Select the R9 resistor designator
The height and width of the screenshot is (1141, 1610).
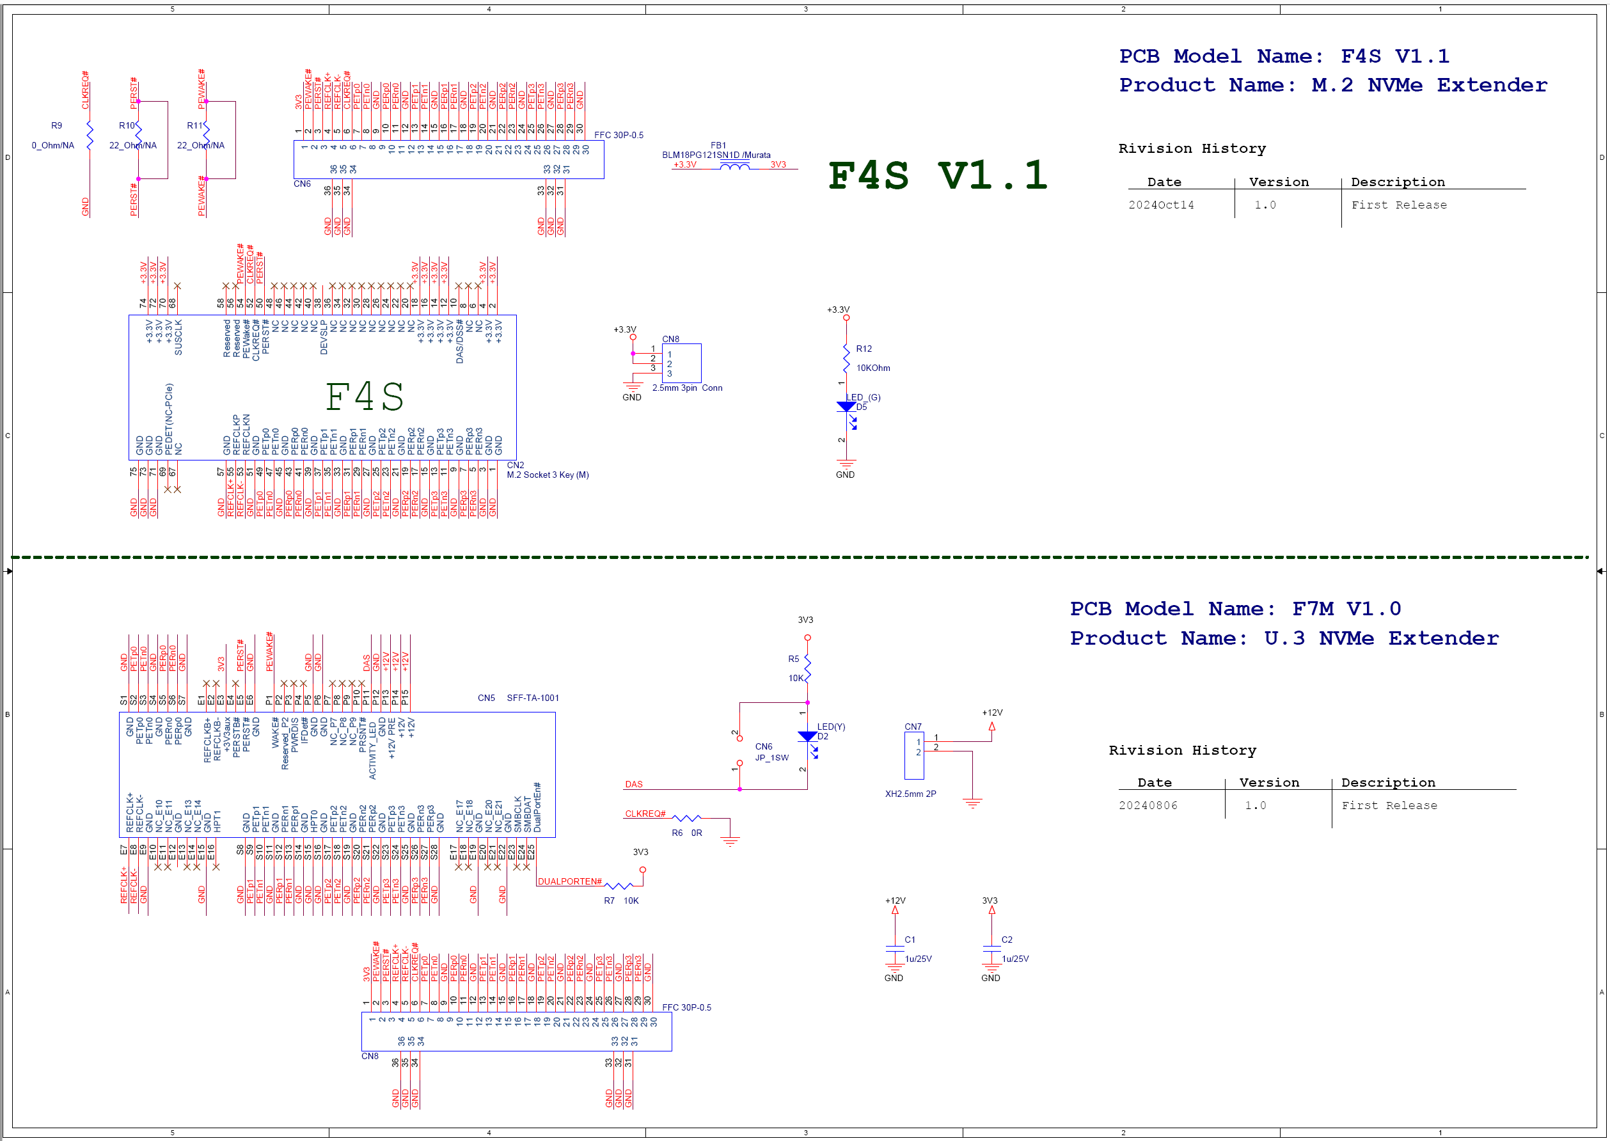tap(56, 126)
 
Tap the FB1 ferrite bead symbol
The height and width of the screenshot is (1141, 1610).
tap(734, 166)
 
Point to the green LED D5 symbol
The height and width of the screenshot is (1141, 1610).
tap(846, 407)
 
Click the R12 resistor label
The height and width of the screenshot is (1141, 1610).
tap(864, 349)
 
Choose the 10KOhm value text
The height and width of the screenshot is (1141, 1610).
tap(873, 368)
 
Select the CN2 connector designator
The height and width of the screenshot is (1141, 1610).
tap(515, 465)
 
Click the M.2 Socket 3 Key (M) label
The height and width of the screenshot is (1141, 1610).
tap(548, 475)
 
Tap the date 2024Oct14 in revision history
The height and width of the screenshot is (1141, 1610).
tap(1161, 205)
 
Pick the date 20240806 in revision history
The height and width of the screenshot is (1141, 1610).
tap(1148, 806)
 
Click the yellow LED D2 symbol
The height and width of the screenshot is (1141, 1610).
tap(807, 736)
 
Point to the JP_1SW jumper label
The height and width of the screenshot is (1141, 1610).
tap(771, 758)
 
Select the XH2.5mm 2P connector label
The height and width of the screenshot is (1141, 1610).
tap(910, 794)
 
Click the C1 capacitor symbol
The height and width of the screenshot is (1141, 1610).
tap(895, 949)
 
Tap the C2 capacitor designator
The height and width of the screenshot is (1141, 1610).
tap(1007, 940)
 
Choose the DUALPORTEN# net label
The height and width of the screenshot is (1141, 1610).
tap(569, 882)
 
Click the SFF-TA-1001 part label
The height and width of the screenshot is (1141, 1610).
tap(533, 698)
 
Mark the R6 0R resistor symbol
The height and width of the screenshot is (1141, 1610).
tap(686, 818)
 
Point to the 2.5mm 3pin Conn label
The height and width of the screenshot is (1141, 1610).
tap(686, 388)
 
